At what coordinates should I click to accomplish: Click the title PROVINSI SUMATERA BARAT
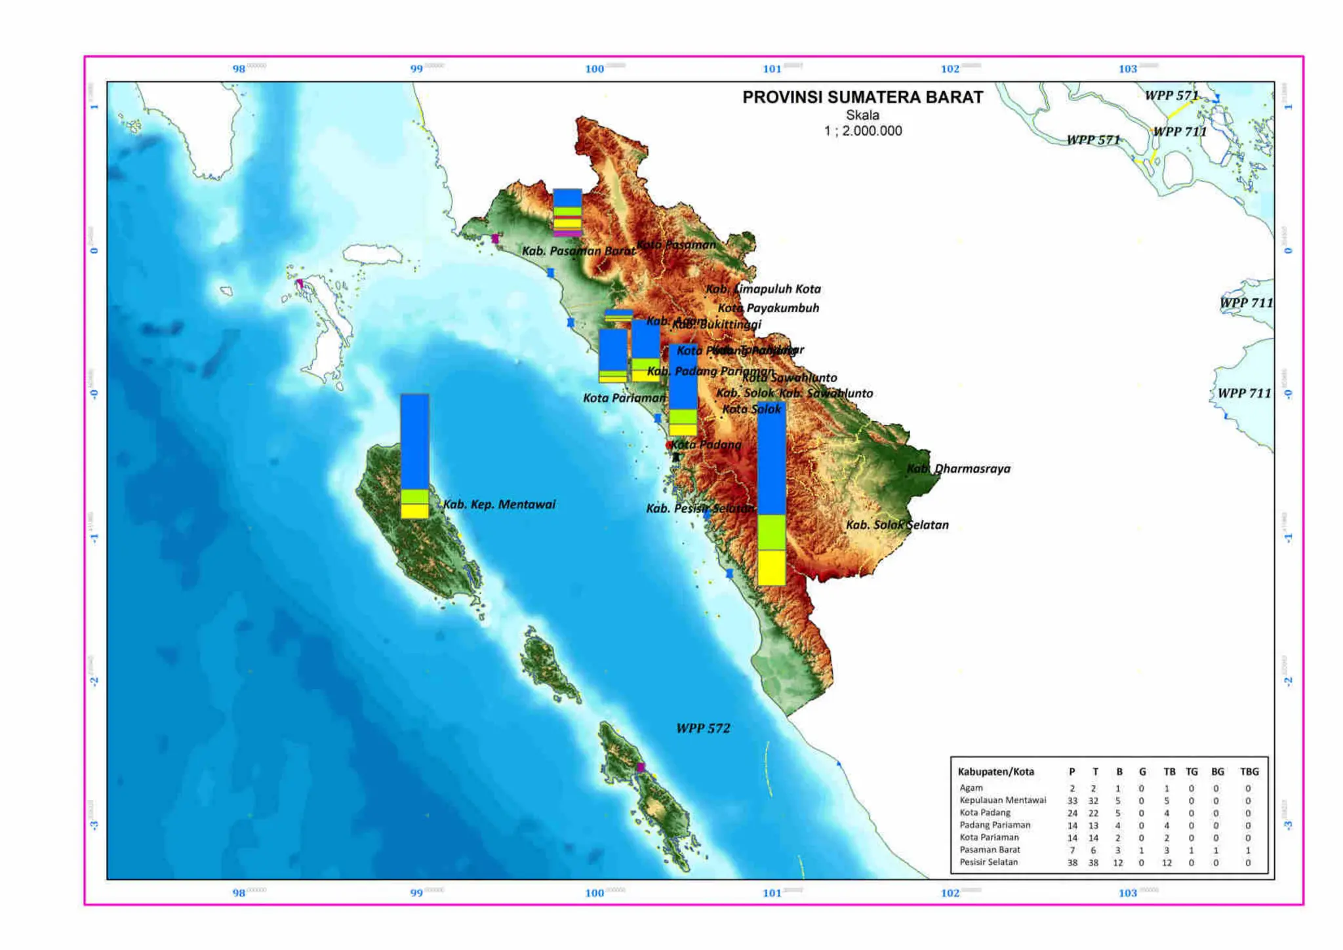pos(862,97)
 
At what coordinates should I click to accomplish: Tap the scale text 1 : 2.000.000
pos(862,130)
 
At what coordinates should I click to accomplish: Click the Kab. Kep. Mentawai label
pos(499,504)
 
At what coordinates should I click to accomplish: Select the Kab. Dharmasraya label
pos(958,469)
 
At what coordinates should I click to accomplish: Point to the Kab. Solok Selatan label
pos(896,524)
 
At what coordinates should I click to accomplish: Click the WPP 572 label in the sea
pos(703,728)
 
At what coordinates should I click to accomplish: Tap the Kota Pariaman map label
pos(624,398)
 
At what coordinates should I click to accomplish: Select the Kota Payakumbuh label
pos(768,308)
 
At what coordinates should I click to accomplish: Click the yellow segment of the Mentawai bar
pos(414,511)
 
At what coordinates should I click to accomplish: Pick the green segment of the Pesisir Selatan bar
pos(771,532)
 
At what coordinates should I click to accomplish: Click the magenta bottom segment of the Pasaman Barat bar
pos(567,233)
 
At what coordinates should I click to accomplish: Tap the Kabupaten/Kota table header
pos(995,772)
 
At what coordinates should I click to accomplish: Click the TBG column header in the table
pos(1249,772)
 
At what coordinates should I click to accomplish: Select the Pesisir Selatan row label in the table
pos(988,862)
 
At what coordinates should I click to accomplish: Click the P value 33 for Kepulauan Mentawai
pos(1072,801)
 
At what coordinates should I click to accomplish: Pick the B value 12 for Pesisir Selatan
pos(1118,863)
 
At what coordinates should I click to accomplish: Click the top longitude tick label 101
pos(772,69)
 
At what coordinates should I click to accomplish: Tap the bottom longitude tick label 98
pos(239,893)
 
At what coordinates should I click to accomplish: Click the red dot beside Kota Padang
pos(668,445)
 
